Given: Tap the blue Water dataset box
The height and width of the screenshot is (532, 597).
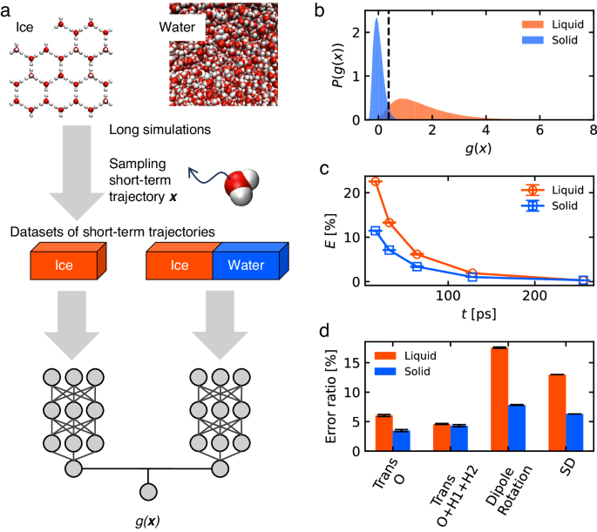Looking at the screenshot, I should (x=245, y=263).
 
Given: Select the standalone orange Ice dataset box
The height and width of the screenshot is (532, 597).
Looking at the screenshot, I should (x=70, y=263).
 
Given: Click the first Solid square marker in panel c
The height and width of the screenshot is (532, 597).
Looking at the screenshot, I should (x=376, y=231).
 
